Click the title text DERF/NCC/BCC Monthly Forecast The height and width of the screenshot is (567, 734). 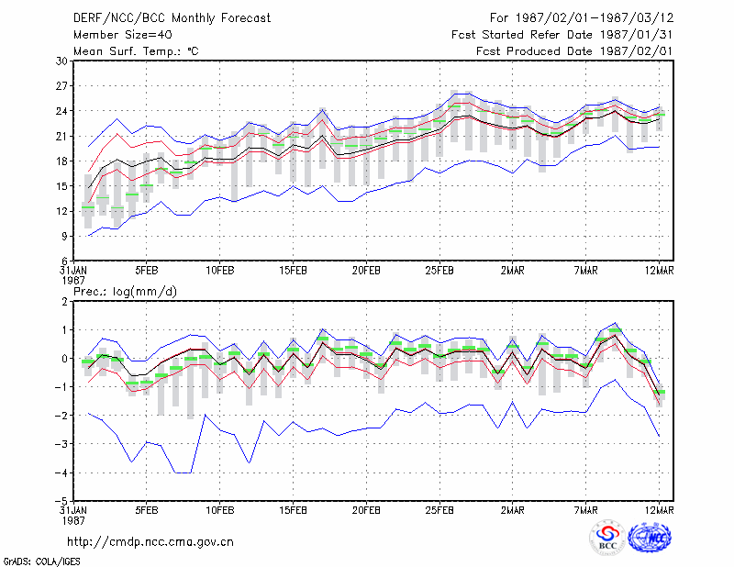172,18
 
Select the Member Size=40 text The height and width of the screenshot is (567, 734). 123,35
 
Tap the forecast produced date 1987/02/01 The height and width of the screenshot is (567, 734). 636,51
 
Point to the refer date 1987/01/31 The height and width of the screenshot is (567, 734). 636,35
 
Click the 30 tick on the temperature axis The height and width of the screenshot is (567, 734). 62,61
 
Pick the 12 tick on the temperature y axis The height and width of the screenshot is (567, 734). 62,211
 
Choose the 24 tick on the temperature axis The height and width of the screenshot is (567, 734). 62,111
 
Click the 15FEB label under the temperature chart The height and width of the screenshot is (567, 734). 293,271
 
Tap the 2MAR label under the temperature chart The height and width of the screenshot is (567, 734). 513,271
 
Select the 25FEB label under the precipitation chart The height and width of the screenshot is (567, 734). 439,510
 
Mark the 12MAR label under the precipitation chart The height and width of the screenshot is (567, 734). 660,510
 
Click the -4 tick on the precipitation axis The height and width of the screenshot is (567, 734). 61,472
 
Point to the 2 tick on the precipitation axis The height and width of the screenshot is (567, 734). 64,302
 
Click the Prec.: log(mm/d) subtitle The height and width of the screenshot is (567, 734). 126,292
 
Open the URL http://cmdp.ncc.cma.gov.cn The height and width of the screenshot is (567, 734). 150,542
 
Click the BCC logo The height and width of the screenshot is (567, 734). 607,537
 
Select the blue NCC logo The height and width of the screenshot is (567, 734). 651,538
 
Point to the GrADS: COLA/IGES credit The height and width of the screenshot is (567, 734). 41,561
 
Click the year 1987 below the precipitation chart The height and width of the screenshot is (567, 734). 73,520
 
